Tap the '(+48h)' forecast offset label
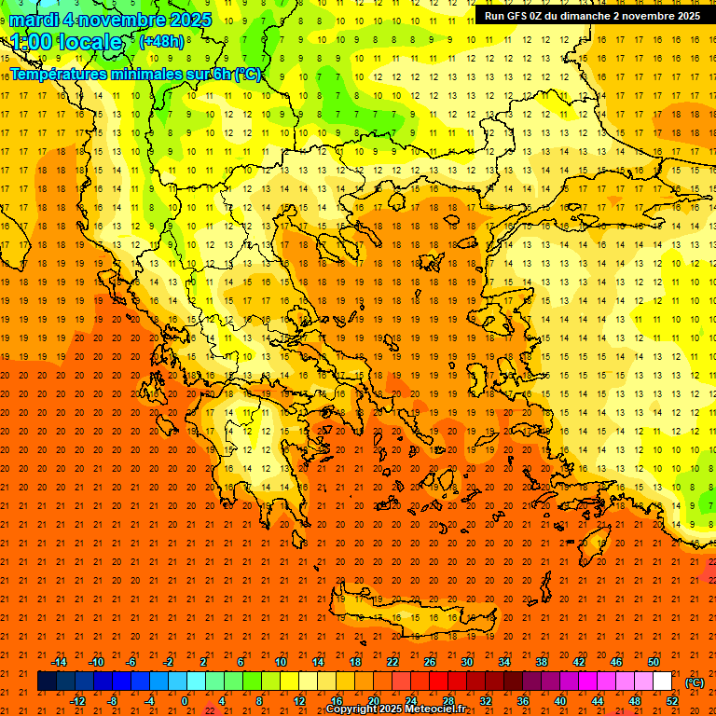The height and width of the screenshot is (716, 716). click(161, 41)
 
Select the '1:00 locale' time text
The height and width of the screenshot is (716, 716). click(67, 42)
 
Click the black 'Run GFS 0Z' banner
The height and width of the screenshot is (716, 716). click(593, 16)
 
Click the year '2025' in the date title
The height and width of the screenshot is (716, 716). click(185, 20)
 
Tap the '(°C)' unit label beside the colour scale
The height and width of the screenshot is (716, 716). click(694, 682)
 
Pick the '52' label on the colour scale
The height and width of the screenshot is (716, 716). click(672, 700)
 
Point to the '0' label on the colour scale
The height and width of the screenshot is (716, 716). click(185, 700)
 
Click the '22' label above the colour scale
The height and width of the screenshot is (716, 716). click(392, 662)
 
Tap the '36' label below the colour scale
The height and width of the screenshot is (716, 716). click(523, 700)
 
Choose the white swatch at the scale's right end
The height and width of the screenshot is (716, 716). click(663, 682)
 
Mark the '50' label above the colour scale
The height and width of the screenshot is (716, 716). click(654, 662)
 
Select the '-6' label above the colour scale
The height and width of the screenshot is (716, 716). click(131, 662)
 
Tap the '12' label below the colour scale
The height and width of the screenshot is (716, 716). click(299, 700)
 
